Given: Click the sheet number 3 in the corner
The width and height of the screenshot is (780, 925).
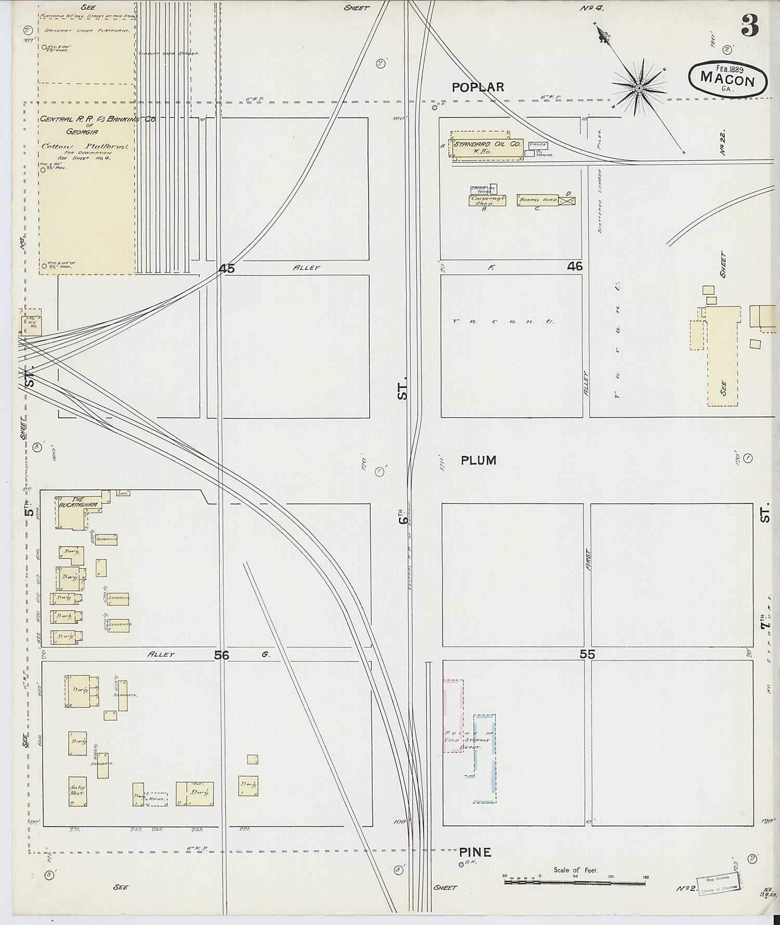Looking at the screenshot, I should (749, 25).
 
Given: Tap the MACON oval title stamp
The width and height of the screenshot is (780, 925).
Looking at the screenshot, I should (727, 80).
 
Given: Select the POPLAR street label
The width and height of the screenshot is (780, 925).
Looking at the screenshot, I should (478, 87).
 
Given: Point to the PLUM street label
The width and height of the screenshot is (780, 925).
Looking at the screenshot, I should (478, 460).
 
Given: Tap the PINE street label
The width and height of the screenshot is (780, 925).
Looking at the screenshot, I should (475, 852).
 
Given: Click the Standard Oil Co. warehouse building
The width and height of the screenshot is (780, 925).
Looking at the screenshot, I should (487, 147).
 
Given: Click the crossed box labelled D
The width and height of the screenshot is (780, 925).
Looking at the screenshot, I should (567, 201).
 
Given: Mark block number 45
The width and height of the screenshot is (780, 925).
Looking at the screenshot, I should (227, 269).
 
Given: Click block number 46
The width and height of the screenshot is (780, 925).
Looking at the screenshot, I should (575, 267).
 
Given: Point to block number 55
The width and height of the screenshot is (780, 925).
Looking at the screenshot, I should (587, 655).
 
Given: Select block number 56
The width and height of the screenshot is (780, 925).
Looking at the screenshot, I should (222, 655).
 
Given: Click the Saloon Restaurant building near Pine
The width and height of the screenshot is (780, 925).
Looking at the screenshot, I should (77, 791).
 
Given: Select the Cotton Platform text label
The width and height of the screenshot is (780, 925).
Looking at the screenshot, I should (85, 147).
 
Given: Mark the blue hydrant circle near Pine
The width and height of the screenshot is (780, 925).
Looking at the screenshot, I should (461, 865).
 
